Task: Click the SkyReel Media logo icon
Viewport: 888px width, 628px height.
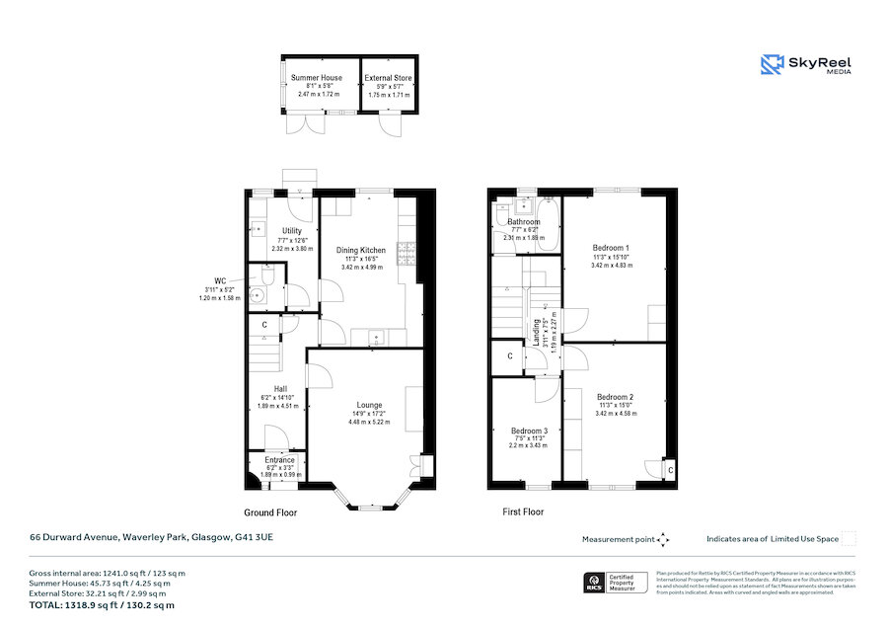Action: (771, 65)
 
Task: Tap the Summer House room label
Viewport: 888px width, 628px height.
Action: (318, 77)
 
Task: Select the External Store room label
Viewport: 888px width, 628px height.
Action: (388, 77)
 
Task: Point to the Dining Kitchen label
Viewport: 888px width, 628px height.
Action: (360, 251)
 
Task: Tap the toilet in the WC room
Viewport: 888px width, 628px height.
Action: (259, 293)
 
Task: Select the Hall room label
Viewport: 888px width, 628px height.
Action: (280, 388)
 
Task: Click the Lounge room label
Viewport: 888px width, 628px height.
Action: (369, 405)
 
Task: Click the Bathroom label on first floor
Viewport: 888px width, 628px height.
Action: (524, 222)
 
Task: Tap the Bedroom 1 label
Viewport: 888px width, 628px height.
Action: (611, 247)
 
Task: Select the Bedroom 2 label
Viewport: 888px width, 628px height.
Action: (615, 397)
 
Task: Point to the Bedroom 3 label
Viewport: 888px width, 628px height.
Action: (529, 432)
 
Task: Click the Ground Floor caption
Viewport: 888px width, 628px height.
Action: (270, 512)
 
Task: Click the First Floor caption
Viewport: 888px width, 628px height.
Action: (522, 512)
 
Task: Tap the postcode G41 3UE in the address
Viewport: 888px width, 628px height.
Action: (254, 538)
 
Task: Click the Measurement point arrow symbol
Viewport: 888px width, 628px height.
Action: (663, 539)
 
